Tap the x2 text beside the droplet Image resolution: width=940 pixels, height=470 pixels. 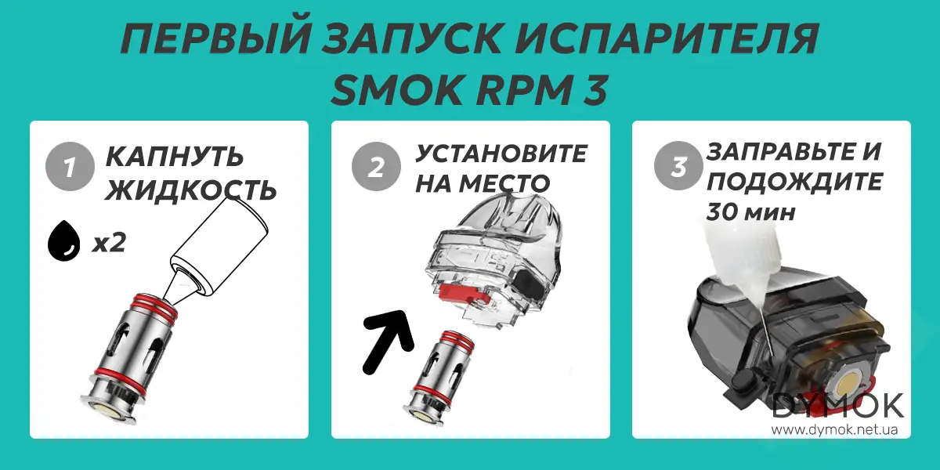108,244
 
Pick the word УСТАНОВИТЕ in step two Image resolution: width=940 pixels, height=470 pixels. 501,153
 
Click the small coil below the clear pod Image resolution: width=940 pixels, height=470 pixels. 443,374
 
